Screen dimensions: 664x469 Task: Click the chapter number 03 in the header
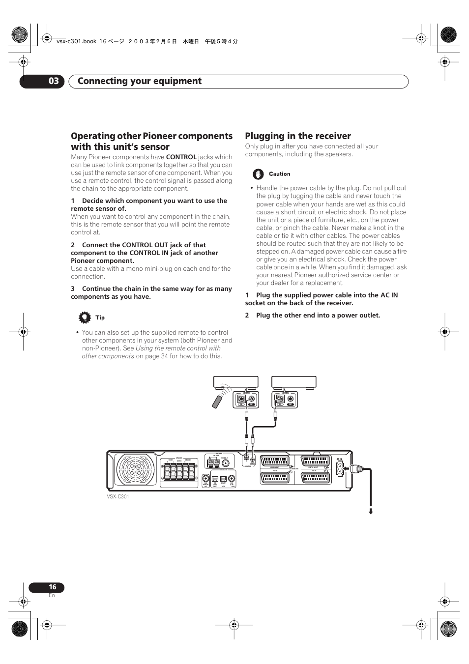pos(53,81)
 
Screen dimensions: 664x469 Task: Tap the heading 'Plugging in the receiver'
pos(298,136)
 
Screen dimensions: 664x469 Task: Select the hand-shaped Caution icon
pos(258,174)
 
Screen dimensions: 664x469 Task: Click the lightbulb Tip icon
pos(85,318)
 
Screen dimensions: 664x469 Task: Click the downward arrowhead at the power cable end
pos(371,512)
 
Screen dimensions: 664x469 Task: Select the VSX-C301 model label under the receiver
pos(118,497)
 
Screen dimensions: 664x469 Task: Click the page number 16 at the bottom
pos(52,587)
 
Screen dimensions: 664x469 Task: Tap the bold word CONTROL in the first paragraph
pos(181,157)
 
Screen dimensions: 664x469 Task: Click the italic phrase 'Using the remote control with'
pos(178,348)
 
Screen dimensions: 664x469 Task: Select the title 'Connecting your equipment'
pos(140,81)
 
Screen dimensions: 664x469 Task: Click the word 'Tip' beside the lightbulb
pos(100,318)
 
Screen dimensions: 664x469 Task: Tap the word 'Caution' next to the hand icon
pos(279,174)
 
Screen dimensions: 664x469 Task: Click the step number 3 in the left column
pos(73,289)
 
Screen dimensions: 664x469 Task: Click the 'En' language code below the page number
pos(52,596)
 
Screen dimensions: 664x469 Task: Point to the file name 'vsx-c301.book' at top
pos(76,42)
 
